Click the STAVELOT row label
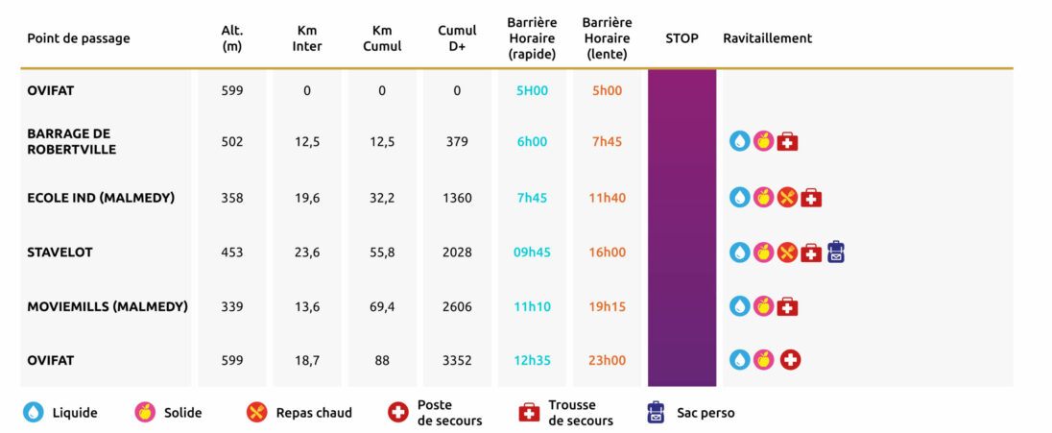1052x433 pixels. point(60,253)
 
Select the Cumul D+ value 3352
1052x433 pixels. point(457,361)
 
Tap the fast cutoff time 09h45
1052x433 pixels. point(532,253)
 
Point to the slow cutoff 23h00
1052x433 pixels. point(607,361)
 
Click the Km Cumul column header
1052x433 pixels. point(382,38)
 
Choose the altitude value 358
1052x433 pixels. point(232,198)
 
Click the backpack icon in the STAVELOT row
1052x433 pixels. point(835,252)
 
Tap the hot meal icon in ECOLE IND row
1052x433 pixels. point(787,198)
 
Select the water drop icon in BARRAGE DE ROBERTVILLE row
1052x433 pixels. point(739,142)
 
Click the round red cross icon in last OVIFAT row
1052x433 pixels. point(791,360)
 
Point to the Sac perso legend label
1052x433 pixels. point(705,413)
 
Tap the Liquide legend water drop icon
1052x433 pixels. point(34,413)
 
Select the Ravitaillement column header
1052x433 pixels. point(767,38)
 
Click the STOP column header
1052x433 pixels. point(681,38)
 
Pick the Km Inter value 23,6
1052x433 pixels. point(307,253)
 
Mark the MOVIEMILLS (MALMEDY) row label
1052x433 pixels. point(108,307)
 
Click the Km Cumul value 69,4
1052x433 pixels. point(382,307)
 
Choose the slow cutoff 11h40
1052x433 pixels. point(607,198)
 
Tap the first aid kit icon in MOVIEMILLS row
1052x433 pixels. point(787,307)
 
